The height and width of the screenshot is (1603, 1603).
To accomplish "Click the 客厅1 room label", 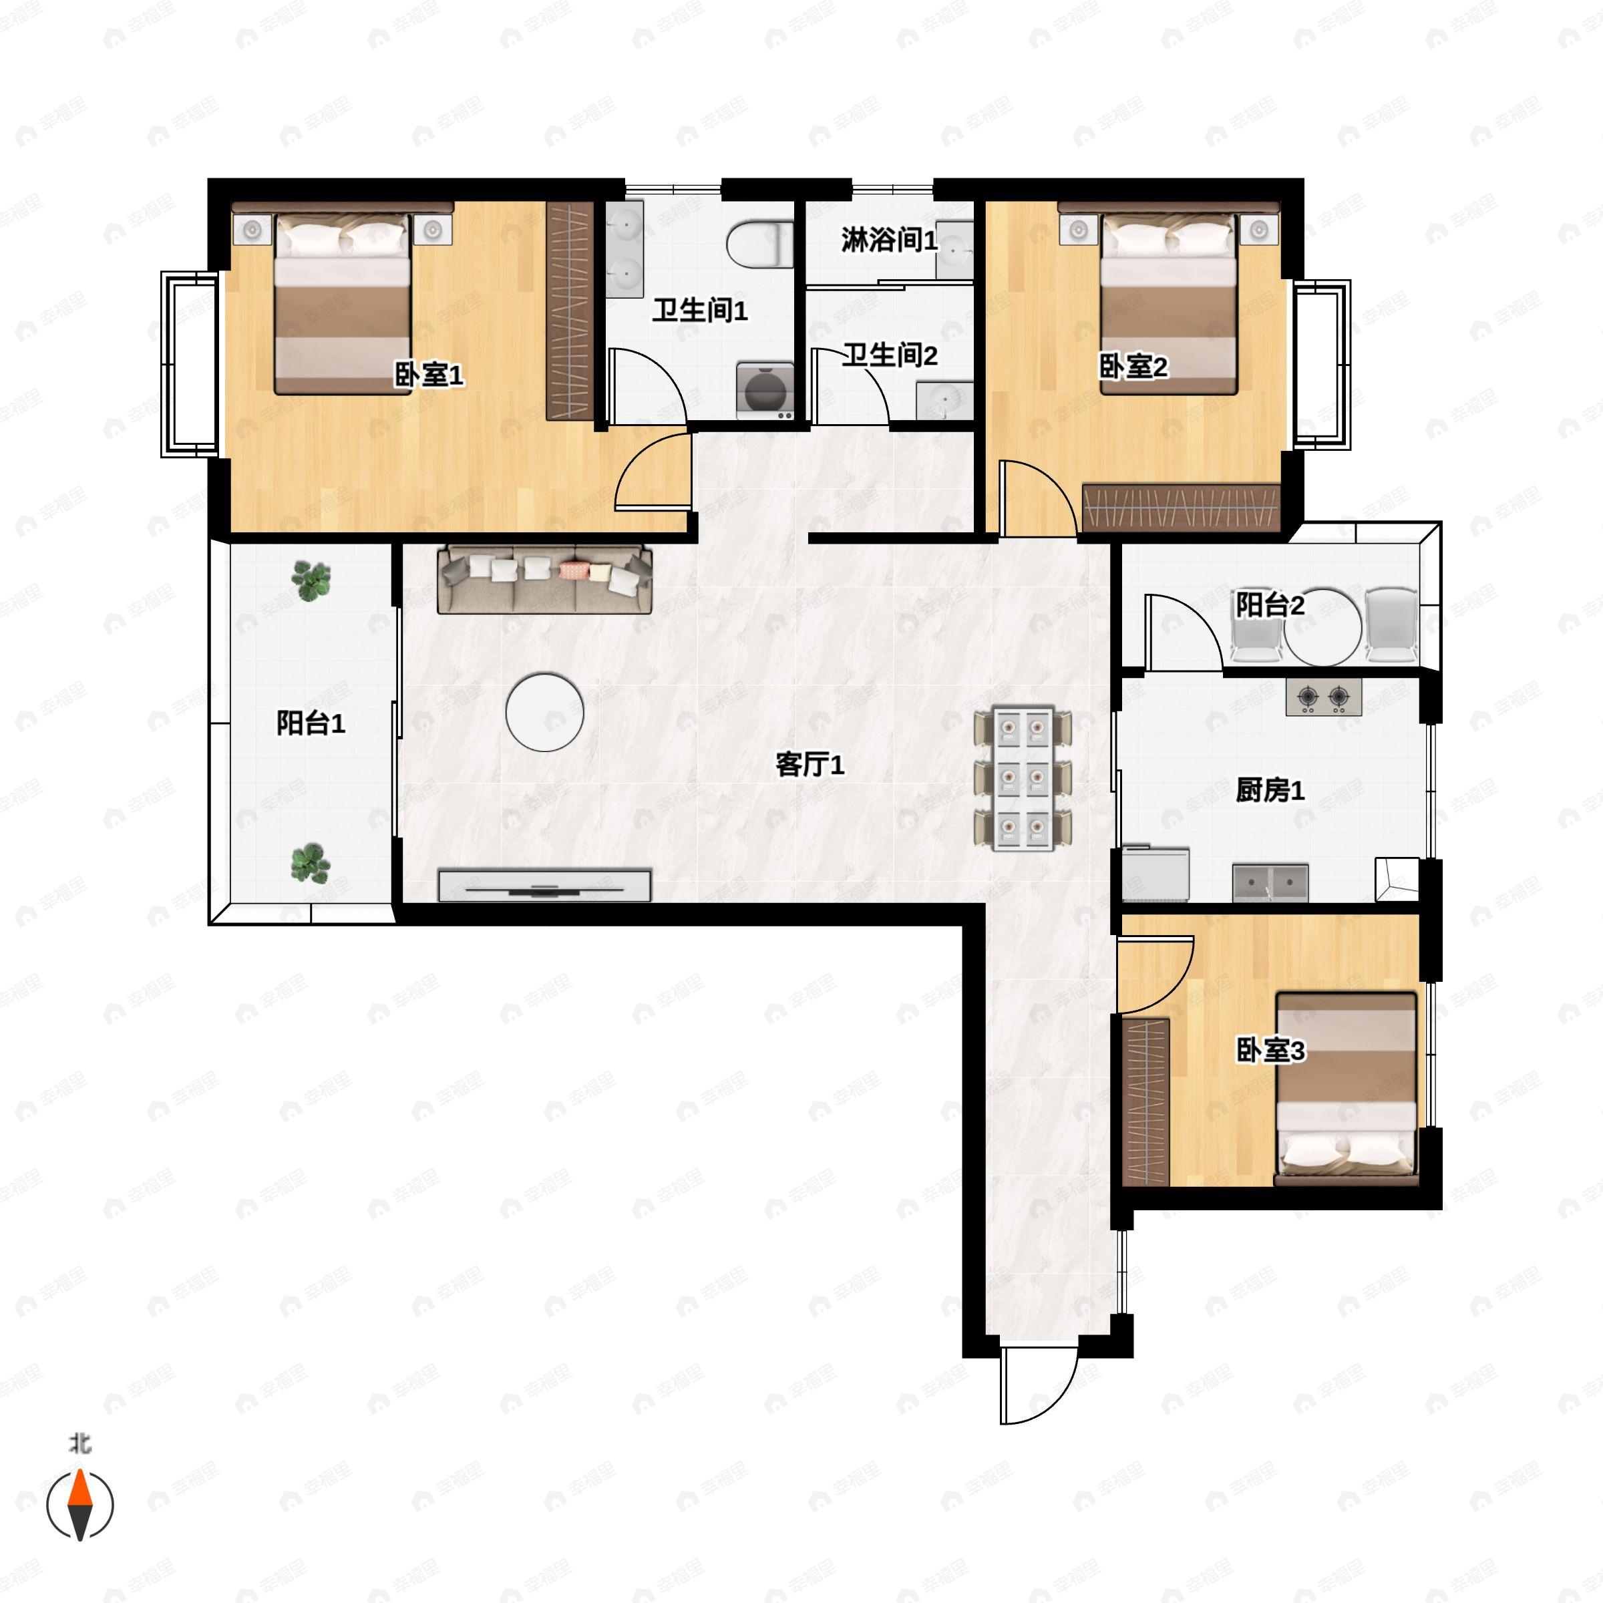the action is (x=810, y=764).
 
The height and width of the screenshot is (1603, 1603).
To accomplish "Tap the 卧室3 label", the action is (x=1270, y=1051).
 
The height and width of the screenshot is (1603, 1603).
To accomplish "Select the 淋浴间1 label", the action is (x=888, y=240).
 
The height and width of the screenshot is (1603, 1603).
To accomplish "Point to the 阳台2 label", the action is (x=1270, y=605).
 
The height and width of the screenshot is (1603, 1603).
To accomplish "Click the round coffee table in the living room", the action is (x=544, y=712).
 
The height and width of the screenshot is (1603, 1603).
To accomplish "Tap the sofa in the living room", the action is (x=544, y=579).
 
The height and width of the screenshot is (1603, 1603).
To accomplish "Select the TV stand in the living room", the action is (x=544, y=885).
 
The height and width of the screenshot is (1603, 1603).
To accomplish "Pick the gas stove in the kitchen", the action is (x=1323, y=697).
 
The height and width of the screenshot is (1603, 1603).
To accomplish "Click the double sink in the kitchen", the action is (x=1270, y=883).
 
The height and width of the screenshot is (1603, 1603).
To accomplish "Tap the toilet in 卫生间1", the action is (x=760, y=244).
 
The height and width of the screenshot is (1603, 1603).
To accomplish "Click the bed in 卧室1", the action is (x=343, y=305).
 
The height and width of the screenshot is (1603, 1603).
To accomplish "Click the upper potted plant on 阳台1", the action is (x=311, y=580).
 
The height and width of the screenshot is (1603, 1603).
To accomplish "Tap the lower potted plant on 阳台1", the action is (x=311, y=863).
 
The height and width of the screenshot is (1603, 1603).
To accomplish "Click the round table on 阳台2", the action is (x=1322, y=627).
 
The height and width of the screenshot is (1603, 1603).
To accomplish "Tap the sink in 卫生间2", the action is (x=944, y=401).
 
